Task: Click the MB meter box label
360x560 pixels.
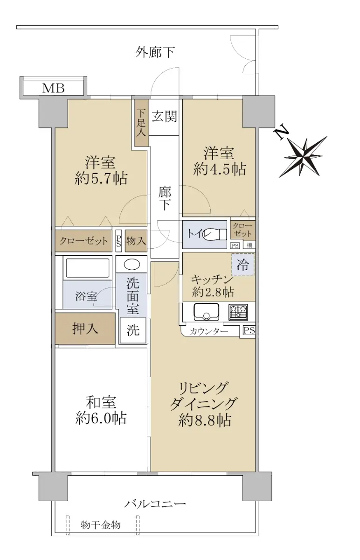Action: pyautogui.click(x=54, y=88)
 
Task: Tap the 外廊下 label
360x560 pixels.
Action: pyautogui.click(x=155, y=52)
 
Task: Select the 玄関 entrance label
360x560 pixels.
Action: pyautogui.click(x=165, y=116)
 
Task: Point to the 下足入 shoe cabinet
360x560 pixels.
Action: pyautogui.click(x=141, y=123)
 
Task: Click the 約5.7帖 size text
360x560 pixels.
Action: pyautogui.click(x=101, y=178)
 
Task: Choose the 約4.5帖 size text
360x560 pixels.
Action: pyautogui.click(x=220, y=169)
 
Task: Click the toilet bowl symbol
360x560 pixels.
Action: pyautogui.click(x=215, y=234)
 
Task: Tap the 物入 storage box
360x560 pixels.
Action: pyautogui.click(x=136, y=241)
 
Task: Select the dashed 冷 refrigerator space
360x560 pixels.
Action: pyautogui.click(x=242, y=265)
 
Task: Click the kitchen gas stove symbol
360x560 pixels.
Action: pyautogui.click(x=238, y=312)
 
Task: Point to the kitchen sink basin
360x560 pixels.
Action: pyautogui.click(x=206, y=312)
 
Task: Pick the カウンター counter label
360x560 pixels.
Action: pyautogui.click(x=209, y=331)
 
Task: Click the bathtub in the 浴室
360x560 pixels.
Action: pyautogui.click(x=88, y=268)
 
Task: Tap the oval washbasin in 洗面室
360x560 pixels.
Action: pyautogui.click(x=132, y=264)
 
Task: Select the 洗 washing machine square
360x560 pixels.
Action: pyautogui.click(x=132, y=330)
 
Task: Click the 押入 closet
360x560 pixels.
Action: pyautogui.click(x=85, y=329)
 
